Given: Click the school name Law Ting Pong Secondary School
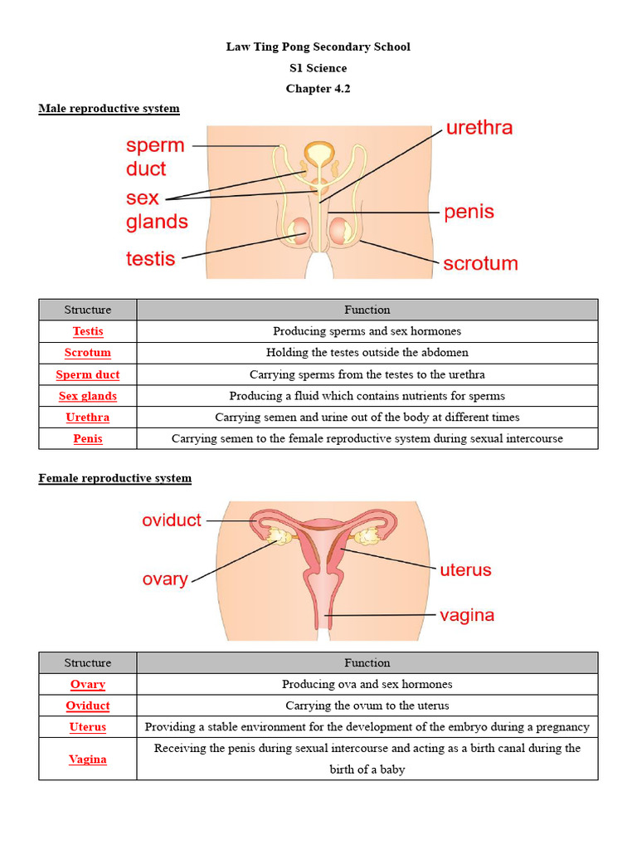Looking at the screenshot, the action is tap(318, 46).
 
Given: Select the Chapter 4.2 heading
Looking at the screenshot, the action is tap(318, 89).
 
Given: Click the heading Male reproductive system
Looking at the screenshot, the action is tap(109, 109).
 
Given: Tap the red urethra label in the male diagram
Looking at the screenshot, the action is tap(479, 128).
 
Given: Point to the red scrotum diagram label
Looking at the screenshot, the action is tap(480, 264).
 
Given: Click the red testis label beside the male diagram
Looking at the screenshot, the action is tap(150, 259).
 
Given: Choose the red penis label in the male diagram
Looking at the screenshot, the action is tap(469, 212).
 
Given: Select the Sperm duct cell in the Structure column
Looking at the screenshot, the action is tap(88, 374).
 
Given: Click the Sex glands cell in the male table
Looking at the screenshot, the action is tap(88, 396).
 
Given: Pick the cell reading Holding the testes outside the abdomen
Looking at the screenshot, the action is tap(367, 353).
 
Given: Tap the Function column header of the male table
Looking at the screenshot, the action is tap(367, 310).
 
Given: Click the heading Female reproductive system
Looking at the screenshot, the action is tap(114, 478).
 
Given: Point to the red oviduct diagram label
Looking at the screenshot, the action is tap(172, 520).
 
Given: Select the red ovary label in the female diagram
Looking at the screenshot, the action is tap(165, 579).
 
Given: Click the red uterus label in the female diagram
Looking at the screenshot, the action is tap(465, 570).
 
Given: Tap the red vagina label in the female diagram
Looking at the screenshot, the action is tap(466, 615).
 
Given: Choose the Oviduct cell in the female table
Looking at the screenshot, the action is tap(88, 706).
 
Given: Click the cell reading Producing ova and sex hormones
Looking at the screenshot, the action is tap(367, 684).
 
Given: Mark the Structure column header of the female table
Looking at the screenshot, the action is tap(88, 662).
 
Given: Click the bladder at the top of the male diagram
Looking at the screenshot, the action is tap(318, 154).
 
